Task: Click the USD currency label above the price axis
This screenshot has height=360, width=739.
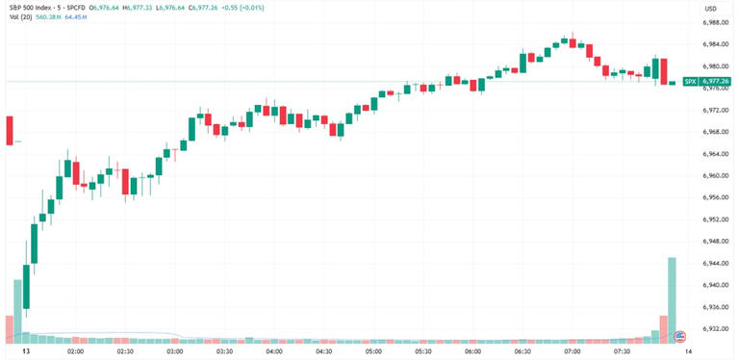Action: tap(711, 9)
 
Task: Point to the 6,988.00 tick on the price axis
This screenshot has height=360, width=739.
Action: tap(715, 21)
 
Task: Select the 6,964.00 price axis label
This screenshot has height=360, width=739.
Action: tap(715, 154)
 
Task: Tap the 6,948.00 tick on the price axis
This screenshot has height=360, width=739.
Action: tap(715, 242)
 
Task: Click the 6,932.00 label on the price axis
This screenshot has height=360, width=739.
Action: tap(715, 329)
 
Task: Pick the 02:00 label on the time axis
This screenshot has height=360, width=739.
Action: tap(75, 352)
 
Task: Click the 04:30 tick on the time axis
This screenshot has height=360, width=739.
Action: tap(323, 352)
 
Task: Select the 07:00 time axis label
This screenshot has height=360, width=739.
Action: tap(572, 352)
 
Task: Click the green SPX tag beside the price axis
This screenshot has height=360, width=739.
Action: tap(689, 82)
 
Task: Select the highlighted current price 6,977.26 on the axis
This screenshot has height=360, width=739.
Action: tap(716, 82)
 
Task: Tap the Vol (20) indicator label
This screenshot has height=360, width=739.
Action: tap(18, 19)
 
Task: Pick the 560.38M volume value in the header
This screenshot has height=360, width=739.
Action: tap(50, 19)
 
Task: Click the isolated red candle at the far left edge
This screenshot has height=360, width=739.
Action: tap(10, 130)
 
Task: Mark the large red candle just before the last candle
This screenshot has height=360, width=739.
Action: tap(663, 71)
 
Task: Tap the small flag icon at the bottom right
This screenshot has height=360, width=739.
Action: tap(680, 336)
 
